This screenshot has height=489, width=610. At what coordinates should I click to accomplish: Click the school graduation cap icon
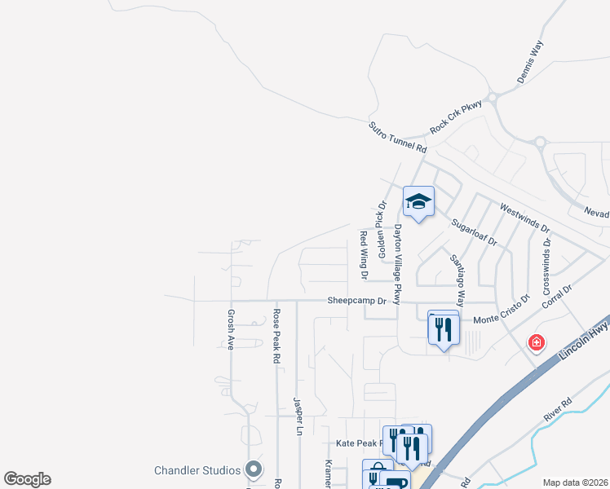(x=418, y=201)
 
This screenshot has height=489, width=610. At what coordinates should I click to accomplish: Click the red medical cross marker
(x=537, y=342)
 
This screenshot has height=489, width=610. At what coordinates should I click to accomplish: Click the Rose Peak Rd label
(x=277, y=335)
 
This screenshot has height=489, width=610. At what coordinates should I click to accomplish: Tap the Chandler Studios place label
(x=197, y=470)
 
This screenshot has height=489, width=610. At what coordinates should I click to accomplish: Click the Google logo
(x=28, y=479)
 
